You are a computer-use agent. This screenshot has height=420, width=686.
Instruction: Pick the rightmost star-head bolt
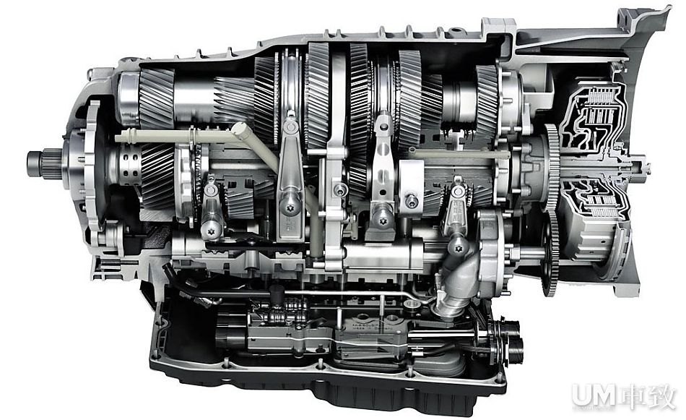(458, 249)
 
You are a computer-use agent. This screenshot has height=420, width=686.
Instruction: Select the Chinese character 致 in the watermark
(661, 396)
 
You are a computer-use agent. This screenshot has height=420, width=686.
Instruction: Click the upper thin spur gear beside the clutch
(552, 166)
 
